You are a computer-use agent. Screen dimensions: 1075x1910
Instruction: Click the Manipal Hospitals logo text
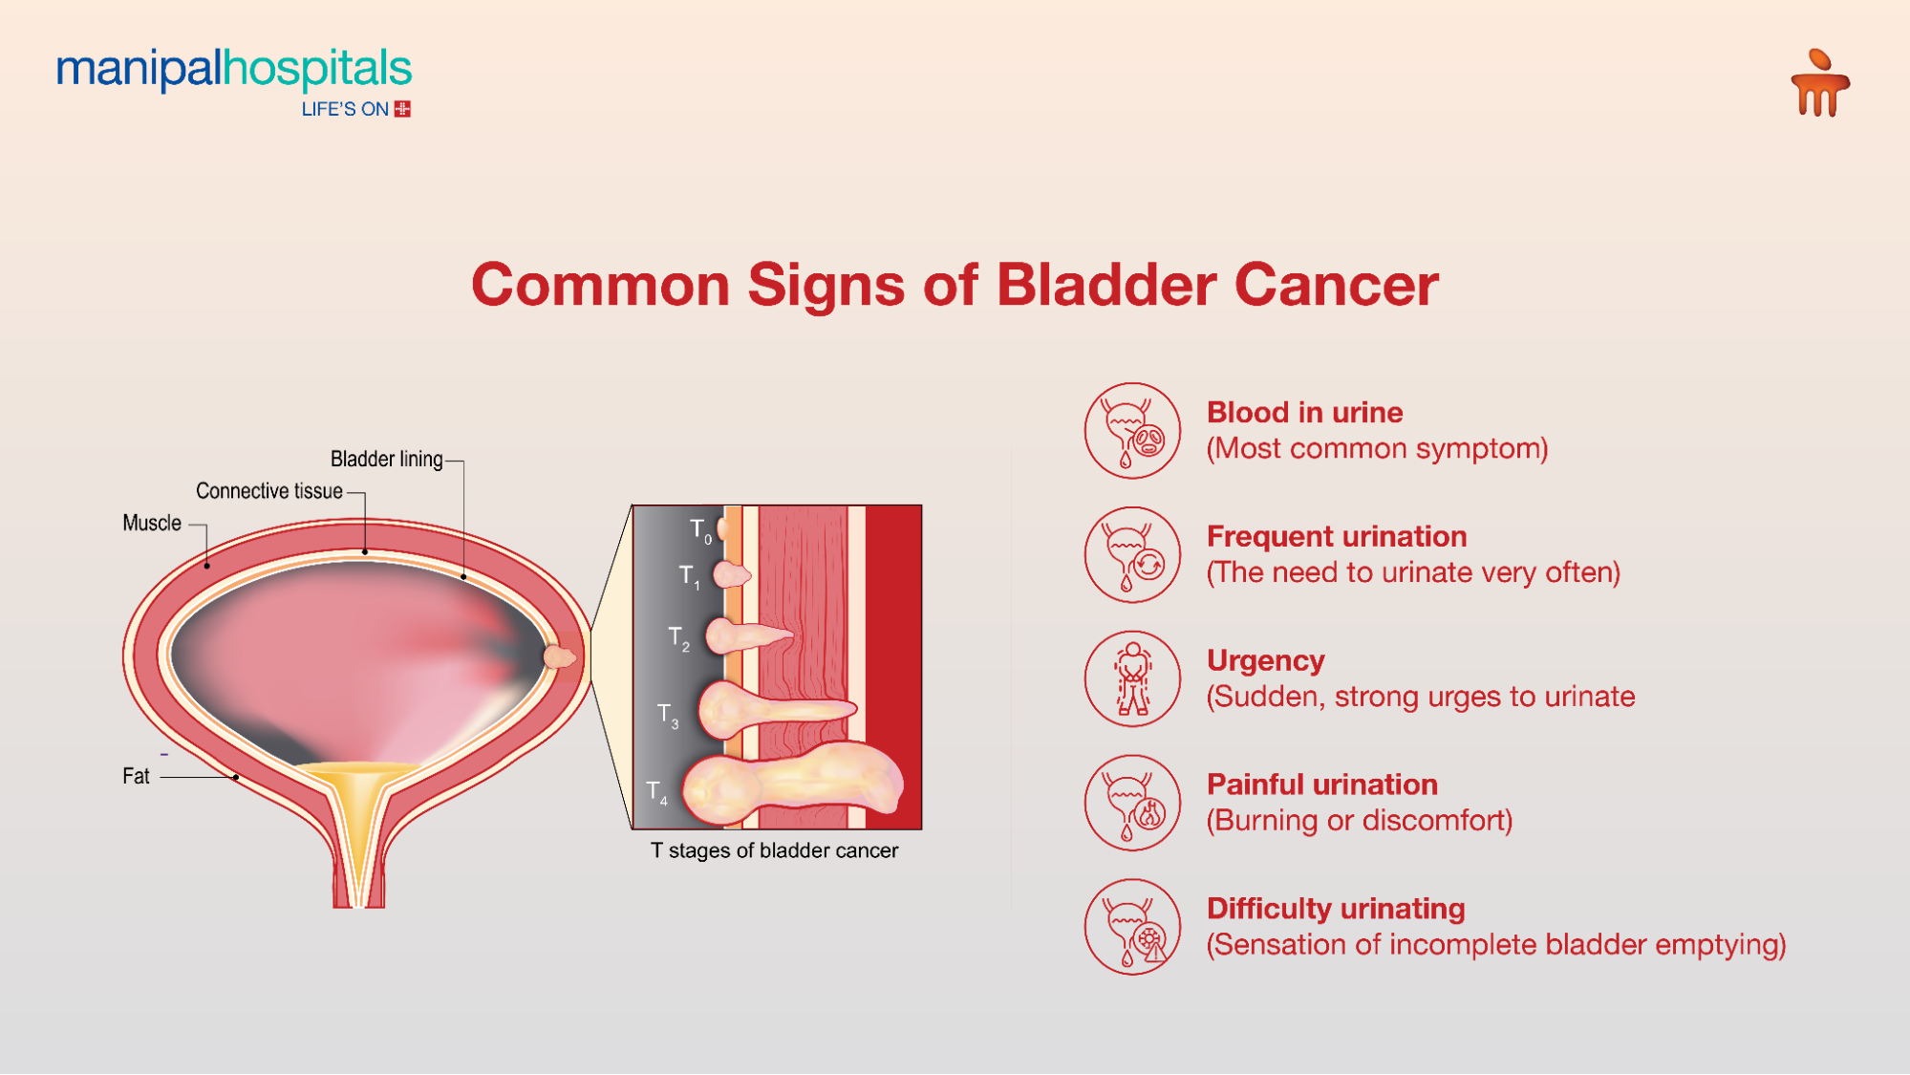click(234, 70)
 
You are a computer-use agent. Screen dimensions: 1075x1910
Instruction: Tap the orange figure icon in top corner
click(1819, 84)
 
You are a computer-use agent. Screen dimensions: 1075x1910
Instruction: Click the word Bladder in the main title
click(1105, 285)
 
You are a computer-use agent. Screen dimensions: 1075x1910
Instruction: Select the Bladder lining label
click(386, 460)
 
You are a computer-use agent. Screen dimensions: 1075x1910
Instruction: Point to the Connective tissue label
click(268, 491)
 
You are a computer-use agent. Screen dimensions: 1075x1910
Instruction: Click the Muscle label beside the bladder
click(151, 524)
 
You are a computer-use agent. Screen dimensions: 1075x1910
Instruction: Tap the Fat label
click(136, 777)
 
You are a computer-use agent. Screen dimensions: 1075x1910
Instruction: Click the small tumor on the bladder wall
click(559, 656)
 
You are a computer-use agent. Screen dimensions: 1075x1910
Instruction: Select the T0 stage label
click(700, 530)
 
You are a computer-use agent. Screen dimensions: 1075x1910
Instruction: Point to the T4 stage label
click(656, 792)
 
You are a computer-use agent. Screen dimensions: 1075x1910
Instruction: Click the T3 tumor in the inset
click(774, 710)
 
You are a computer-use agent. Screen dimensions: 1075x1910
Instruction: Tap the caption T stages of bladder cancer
click(774, 850)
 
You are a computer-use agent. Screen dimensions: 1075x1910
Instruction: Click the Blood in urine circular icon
click(1132, 431)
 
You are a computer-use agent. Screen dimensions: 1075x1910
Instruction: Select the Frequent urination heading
click(1336, 537)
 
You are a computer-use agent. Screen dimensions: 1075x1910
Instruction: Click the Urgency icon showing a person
click(1132, 678)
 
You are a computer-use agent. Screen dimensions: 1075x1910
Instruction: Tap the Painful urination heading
click(1321, 785)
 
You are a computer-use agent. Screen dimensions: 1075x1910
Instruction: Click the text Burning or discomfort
click(1359, 821)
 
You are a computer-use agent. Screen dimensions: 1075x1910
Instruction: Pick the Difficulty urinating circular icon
click(1132, 927)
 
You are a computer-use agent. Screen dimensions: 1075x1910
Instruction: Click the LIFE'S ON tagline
click(345, 110)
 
